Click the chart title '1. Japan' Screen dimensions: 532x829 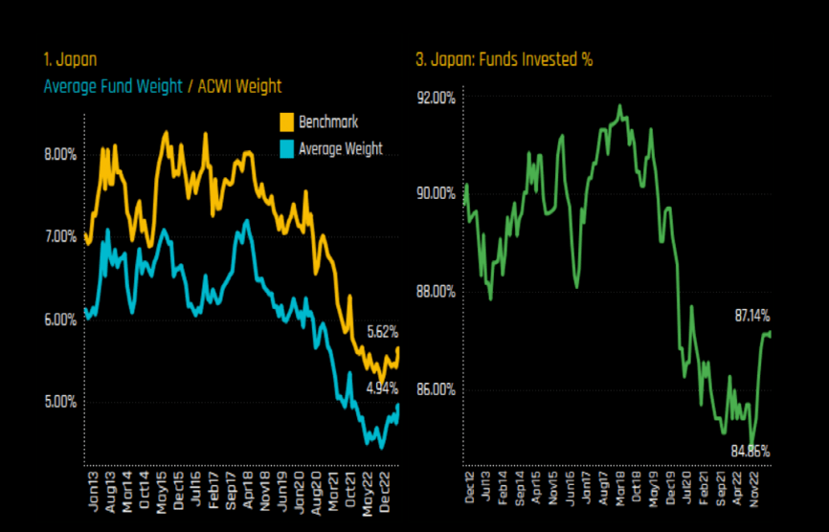tap(71, 59)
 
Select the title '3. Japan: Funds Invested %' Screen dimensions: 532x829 tap(504, 59)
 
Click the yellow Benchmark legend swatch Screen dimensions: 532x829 tap(286, 122)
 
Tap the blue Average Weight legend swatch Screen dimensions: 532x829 tap(286, 148)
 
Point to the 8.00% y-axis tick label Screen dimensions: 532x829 tap(59, 155)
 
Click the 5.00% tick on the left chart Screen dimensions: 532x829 tap(59, 402)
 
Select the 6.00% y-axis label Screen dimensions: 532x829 tap(59, 321)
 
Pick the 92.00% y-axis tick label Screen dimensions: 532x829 tap(437, 98)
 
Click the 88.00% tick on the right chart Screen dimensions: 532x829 tap(437, 292)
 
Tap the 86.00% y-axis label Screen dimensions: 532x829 tap(437, 389)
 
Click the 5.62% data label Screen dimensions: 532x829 tap(383, 333)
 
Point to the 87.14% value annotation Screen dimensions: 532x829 tap(752, 316)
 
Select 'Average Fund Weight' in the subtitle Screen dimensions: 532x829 tap(113, 86)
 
